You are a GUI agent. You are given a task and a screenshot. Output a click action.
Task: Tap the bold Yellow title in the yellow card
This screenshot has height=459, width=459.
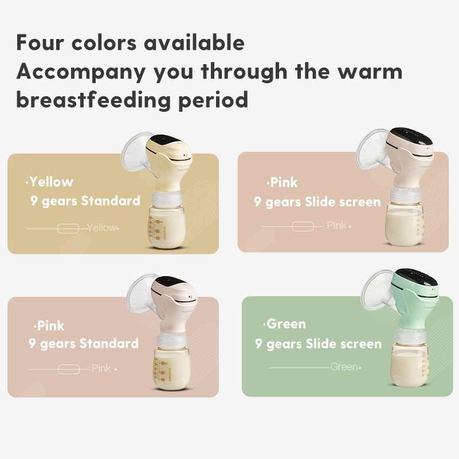coord(51,182)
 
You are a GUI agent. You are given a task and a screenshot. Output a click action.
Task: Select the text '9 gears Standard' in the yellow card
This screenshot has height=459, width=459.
coord(85,201)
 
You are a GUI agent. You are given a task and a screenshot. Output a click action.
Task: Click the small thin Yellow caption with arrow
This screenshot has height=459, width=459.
coord(103,228)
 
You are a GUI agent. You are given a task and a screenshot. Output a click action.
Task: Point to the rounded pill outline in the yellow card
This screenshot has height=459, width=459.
coord(68,229)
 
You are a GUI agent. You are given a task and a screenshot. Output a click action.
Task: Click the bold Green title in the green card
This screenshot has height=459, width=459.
coord(286,324)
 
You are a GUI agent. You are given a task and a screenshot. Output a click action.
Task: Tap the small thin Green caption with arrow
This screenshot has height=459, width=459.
coord(346,367)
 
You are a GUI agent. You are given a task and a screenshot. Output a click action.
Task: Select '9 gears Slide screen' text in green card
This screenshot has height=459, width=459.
coord(318,344)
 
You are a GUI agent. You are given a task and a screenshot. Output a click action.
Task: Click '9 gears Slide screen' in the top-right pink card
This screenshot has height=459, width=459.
coord(317,202)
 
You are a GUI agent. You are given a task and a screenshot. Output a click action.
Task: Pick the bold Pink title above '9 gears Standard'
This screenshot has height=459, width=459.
coord(50,326)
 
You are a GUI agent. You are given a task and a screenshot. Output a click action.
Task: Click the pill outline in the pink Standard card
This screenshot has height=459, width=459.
coord(69,369)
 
